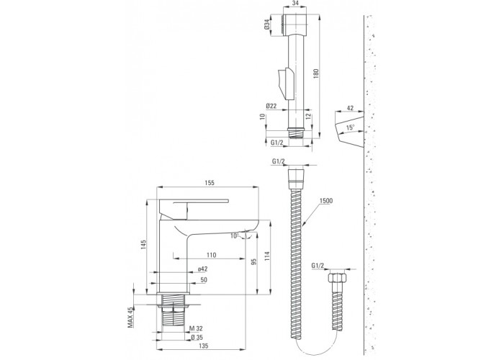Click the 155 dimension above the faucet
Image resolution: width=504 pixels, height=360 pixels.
click(210, 183)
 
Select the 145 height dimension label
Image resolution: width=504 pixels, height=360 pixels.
click(144, 245)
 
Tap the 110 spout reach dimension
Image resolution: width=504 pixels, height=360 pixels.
click(211, 255)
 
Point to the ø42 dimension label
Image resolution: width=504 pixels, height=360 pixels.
click(203, 269)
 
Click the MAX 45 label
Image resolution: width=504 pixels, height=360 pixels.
click(130, 317)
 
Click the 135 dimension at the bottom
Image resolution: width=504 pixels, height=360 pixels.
click(204, 346)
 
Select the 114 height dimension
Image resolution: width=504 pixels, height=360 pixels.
click(267, 256)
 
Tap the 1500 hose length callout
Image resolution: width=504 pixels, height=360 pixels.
click(326, 201)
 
